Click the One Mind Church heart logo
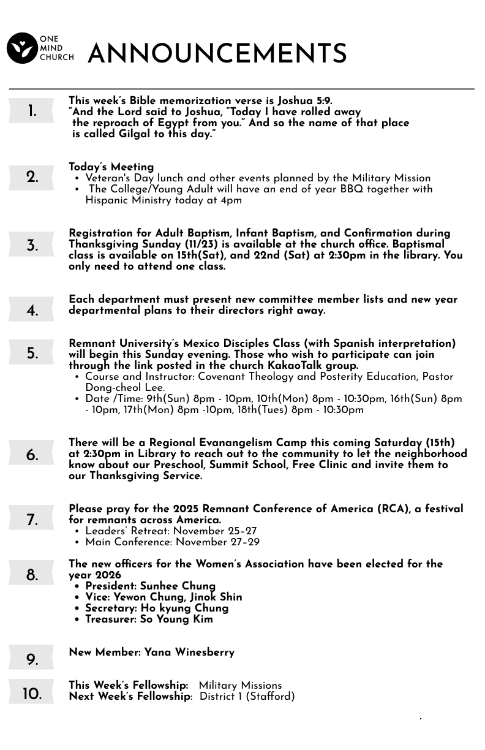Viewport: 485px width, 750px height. tap(22, 48)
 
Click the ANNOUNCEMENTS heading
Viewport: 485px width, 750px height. tap(217, 54)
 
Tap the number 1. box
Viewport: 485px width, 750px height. tap(31, 112)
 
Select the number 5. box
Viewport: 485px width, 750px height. tap(31, 354)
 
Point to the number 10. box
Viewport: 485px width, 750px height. tap(31, 694)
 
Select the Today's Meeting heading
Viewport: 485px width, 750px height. tap(111, 167)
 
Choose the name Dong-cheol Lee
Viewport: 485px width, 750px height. tap(124, 387)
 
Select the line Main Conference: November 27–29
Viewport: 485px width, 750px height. tap(172, 542)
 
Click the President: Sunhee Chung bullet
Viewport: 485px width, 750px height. tap(150, 586)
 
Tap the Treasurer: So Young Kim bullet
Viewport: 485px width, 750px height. tap(149, 619)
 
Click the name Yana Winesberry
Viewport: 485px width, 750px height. tap(189, 652)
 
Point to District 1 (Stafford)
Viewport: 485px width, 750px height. tap(247, 696)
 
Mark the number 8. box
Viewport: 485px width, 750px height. tap(31, 575)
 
